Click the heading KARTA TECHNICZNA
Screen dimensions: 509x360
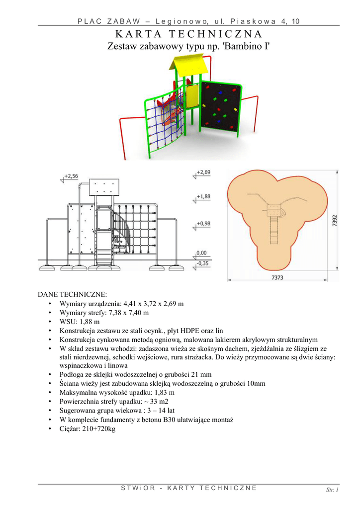pos(188,34)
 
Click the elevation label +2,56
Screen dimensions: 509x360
pos(72,176)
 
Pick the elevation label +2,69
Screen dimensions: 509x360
pos(203,172)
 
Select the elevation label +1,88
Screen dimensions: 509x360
pos(203,196)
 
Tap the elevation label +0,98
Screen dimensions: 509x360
pos(203,223)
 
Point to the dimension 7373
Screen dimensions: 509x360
pos(277,277)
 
